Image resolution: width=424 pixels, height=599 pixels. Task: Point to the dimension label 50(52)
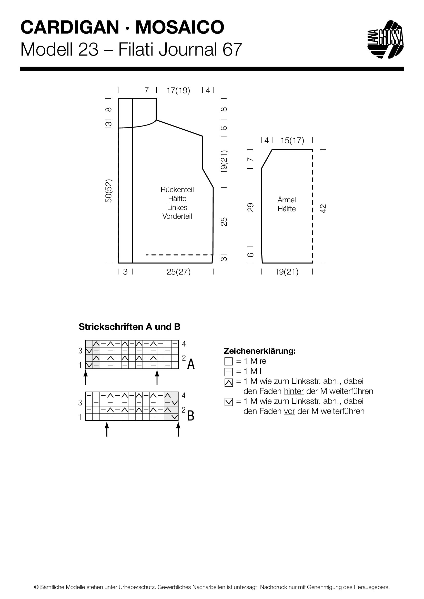click(x=109, y=191)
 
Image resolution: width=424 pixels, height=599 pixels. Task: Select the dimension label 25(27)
click(x=179, y=272)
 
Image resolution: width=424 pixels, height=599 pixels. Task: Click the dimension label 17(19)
click(x=178, y=90)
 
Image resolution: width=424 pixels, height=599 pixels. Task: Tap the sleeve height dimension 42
click(x=323, y=208)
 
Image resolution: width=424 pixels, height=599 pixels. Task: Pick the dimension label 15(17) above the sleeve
click(x=292, y=141)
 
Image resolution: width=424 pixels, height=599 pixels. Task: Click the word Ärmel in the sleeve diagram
click(x=286, y=200)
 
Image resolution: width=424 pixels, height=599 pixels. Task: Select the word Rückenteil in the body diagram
click(x=177, y=190)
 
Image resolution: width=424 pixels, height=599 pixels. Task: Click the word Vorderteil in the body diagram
click(x=177, y=216)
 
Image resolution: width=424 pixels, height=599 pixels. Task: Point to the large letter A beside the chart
click(x=191, y=364)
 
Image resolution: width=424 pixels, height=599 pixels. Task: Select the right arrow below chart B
click(x=178, y=429)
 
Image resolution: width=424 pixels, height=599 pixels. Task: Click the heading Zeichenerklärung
click(x=260, y=351)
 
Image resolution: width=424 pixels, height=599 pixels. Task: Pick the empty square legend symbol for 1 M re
click(x=228, y=361)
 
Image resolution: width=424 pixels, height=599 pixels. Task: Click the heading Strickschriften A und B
click(x=129, y=327)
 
